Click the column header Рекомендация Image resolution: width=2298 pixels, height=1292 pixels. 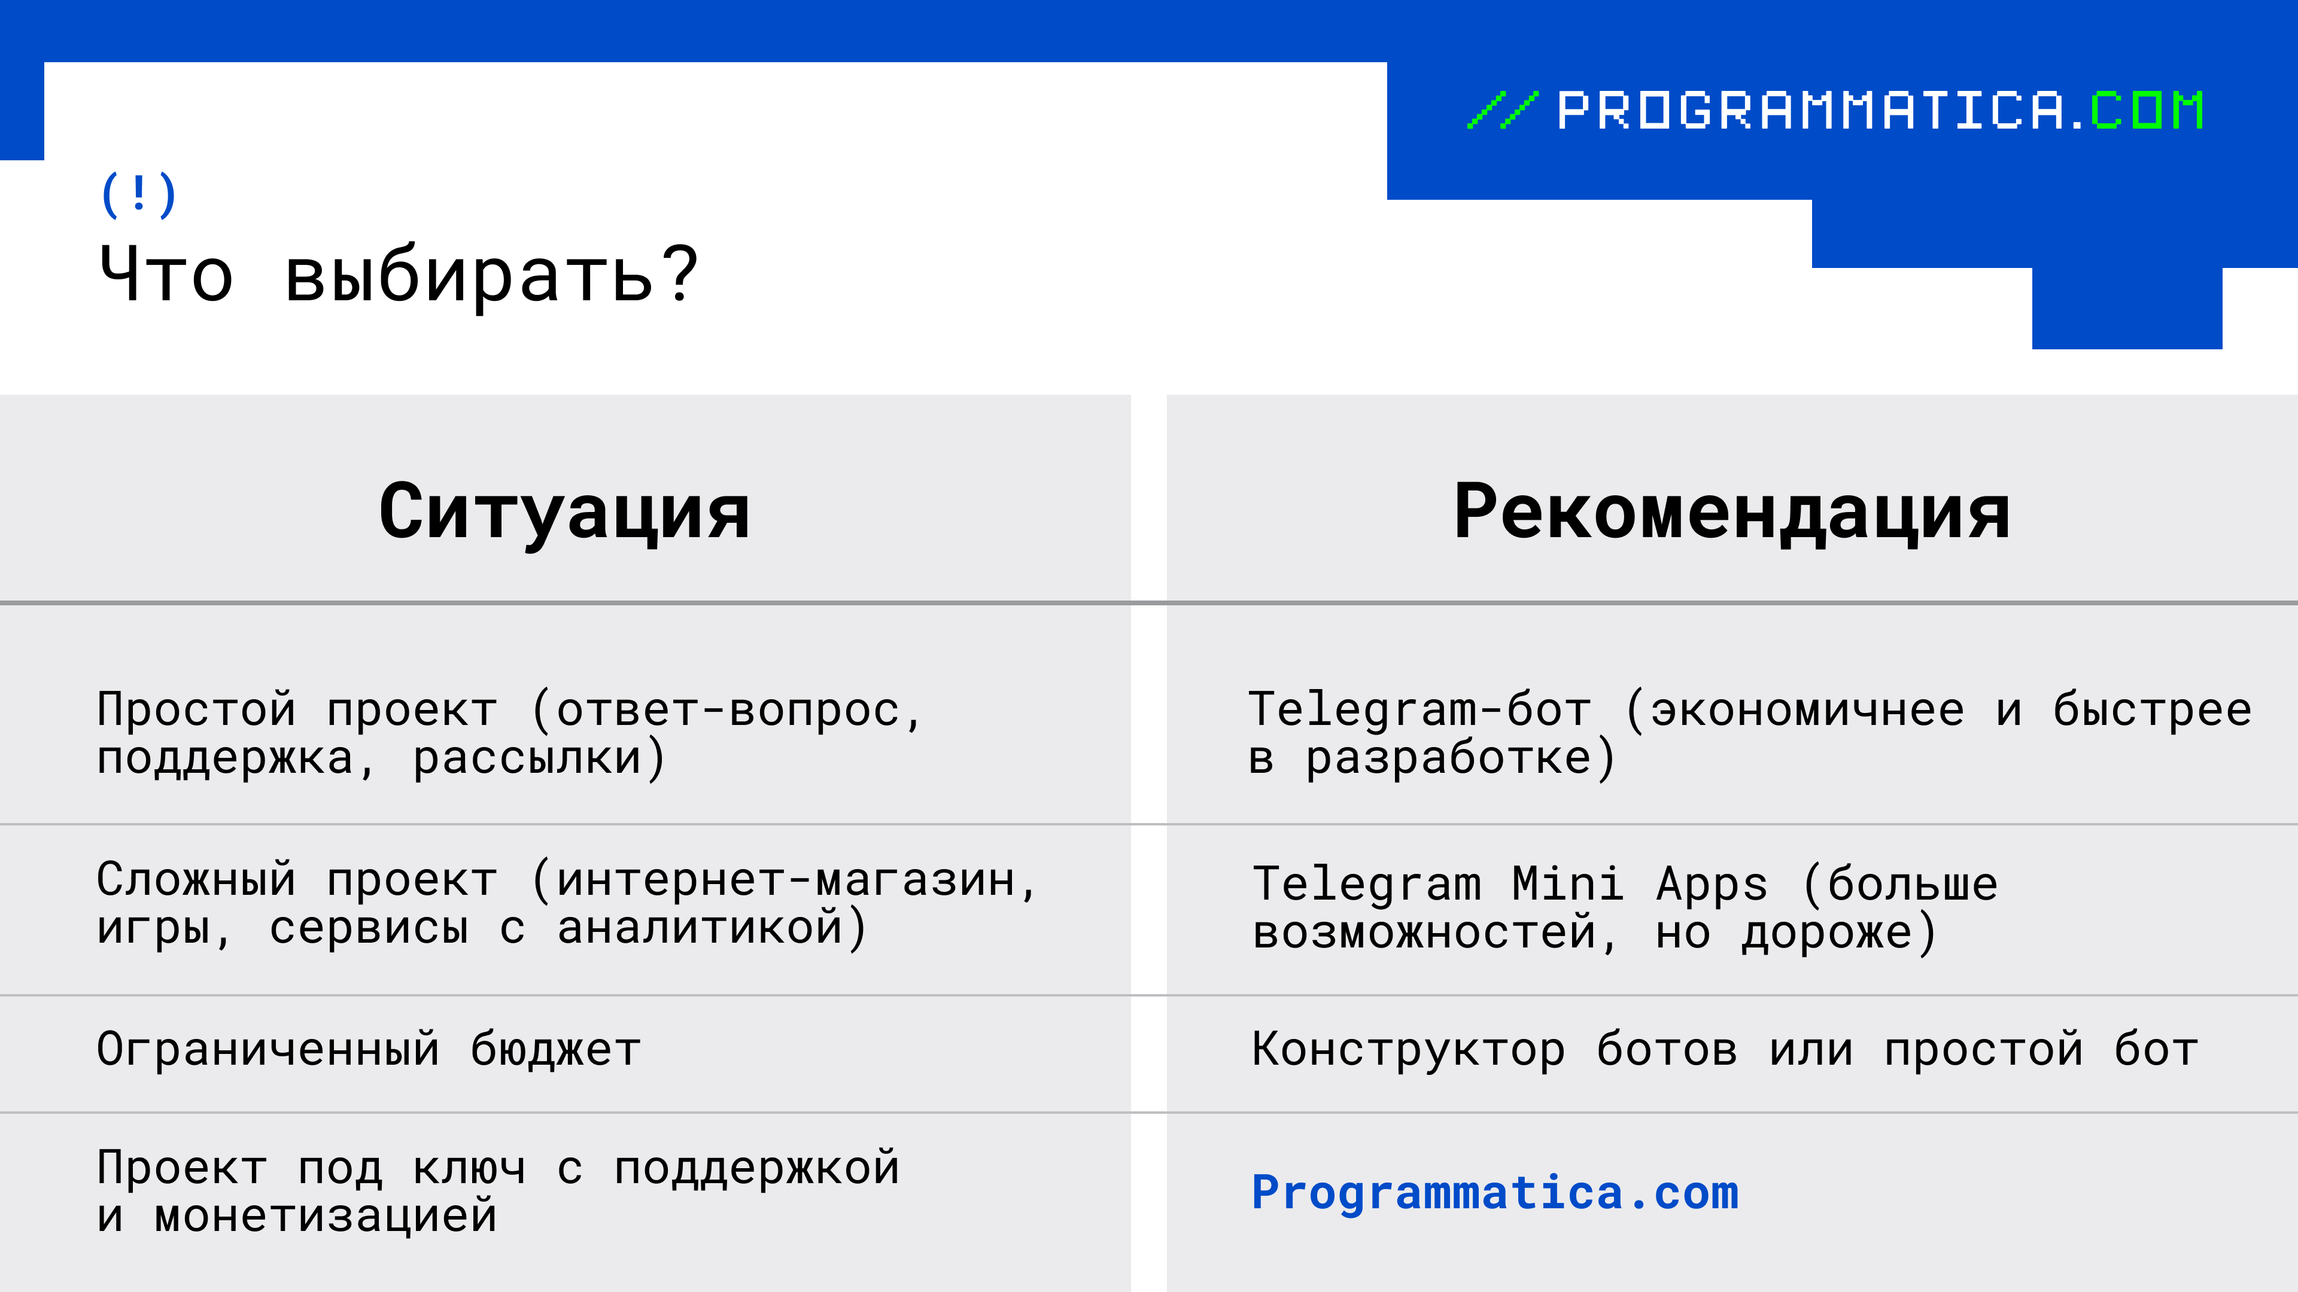(1731, 512)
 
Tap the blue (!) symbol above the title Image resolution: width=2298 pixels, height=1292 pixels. (138, 195)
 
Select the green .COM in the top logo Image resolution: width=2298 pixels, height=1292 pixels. (2138, 111)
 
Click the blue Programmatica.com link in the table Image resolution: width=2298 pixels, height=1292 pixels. (1495, 1193)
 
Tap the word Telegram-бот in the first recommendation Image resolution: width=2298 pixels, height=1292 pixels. (1419, 710)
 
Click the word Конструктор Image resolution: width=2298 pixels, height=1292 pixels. (1409, 1050)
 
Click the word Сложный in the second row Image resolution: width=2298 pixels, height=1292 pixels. (196, 880)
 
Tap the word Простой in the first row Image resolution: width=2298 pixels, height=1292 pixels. (196, 710)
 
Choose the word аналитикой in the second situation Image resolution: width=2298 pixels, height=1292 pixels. (700, 927)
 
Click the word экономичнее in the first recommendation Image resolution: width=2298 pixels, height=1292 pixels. (1807, 711)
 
